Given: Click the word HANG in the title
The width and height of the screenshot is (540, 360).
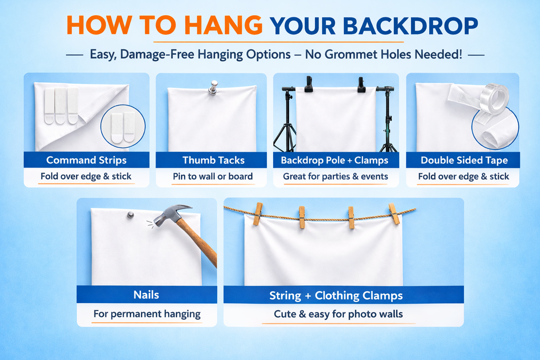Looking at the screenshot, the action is click(223, 25).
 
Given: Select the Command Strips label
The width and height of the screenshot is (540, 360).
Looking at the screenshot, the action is click(86, 160).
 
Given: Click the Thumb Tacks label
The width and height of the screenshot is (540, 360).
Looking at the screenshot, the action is click(214, 160).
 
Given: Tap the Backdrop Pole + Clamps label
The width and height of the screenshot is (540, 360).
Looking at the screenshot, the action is click(334, 160).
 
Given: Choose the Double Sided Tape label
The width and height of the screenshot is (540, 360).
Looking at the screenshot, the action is click(464, 160).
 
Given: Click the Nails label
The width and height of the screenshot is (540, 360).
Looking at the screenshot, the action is click(147, 295).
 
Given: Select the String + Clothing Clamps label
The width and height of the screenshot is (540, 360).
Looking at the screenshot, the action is click(336, 295).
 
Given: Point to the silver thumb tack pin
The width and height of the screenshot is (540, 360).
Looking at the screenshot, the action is click(213, 87).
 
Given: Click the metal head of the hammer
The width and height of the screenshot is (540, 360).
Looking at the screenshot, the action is click(171, 215).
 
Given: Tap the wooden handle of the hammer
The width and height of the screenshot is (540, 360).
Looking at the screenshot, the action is click(198, 241).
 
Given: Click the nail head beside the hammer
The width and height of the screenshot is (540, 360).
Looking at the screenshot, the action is click(131, 215).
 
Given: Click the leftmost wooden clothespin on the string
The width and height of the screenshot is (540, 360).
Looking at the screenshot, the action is click(258, 213).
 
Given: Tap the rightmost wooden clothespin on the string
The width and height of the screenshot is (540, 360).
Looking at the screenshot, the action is click(394, 213).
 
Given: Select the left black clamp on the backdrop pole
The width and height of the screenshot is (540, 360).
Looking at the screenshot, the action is click(308, 84).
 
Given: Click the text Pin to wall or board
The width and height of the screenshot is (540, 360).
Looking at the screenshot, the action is click(213, 176).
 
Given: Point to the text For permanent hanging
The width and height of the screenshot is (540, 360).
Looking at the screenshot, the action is click(147, 314).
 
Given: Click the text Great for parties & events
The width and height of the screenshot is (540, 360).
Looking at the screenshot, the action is click(335, 176).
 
